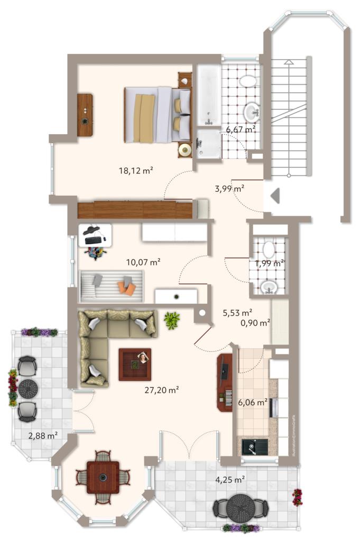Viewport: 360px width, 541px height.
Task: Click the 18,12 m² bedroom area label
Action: [136, 170]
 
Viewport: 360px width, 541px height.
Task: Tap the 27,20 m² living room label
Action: [161, 390]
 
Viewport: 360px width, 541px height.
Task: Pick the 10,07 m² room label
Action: [143, 261]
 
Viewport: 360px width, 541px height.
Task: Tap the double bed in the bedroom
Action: [158, 114]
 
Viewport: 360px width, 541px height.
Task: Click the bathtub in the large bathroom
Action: [208, 96]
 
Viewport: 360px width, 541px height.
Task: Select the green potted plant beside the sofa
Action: [171, 320]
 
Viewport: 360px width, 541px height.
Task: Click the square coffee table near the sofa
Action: [135, 364]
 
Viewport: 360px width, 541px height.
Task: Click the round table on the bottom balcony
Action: [241, 508]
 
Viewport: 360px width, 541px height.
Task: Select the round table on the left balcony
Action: [27, 388]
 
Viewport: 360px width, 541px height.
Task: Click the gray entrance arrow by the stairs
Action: [274, 196]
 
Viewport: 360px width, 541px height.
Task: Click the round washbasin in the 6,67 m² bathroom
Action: [252, 112]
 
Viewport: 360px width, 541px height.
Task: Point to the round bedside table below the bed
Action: [184, 150]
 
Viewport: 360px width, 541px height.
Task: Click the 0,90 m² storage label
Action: [253, 322]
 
